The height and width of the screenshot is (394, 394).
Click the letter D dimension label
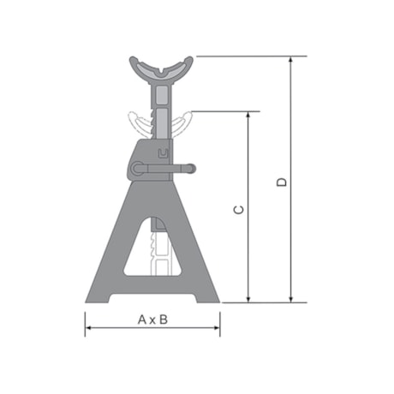(x=283, y=181)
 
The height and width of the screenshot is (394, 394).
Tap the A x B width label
(x=152, y=319)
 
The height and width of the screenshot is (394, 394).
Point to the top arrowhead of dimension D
(x=292, y=61)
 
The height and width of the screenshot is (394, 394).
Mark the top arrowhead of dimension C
(x=250, y=115)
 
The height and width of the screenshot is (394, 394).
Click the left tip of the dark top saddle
(x=133, y=61)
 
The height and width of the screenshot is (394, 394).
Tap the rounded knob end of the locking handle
(x=192, y=169)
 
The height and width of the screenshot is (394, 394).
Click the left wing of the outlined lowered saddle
(x=134, y=121)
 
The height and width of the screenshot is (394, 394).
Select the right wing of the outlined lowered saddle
(x=185, y=121)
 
